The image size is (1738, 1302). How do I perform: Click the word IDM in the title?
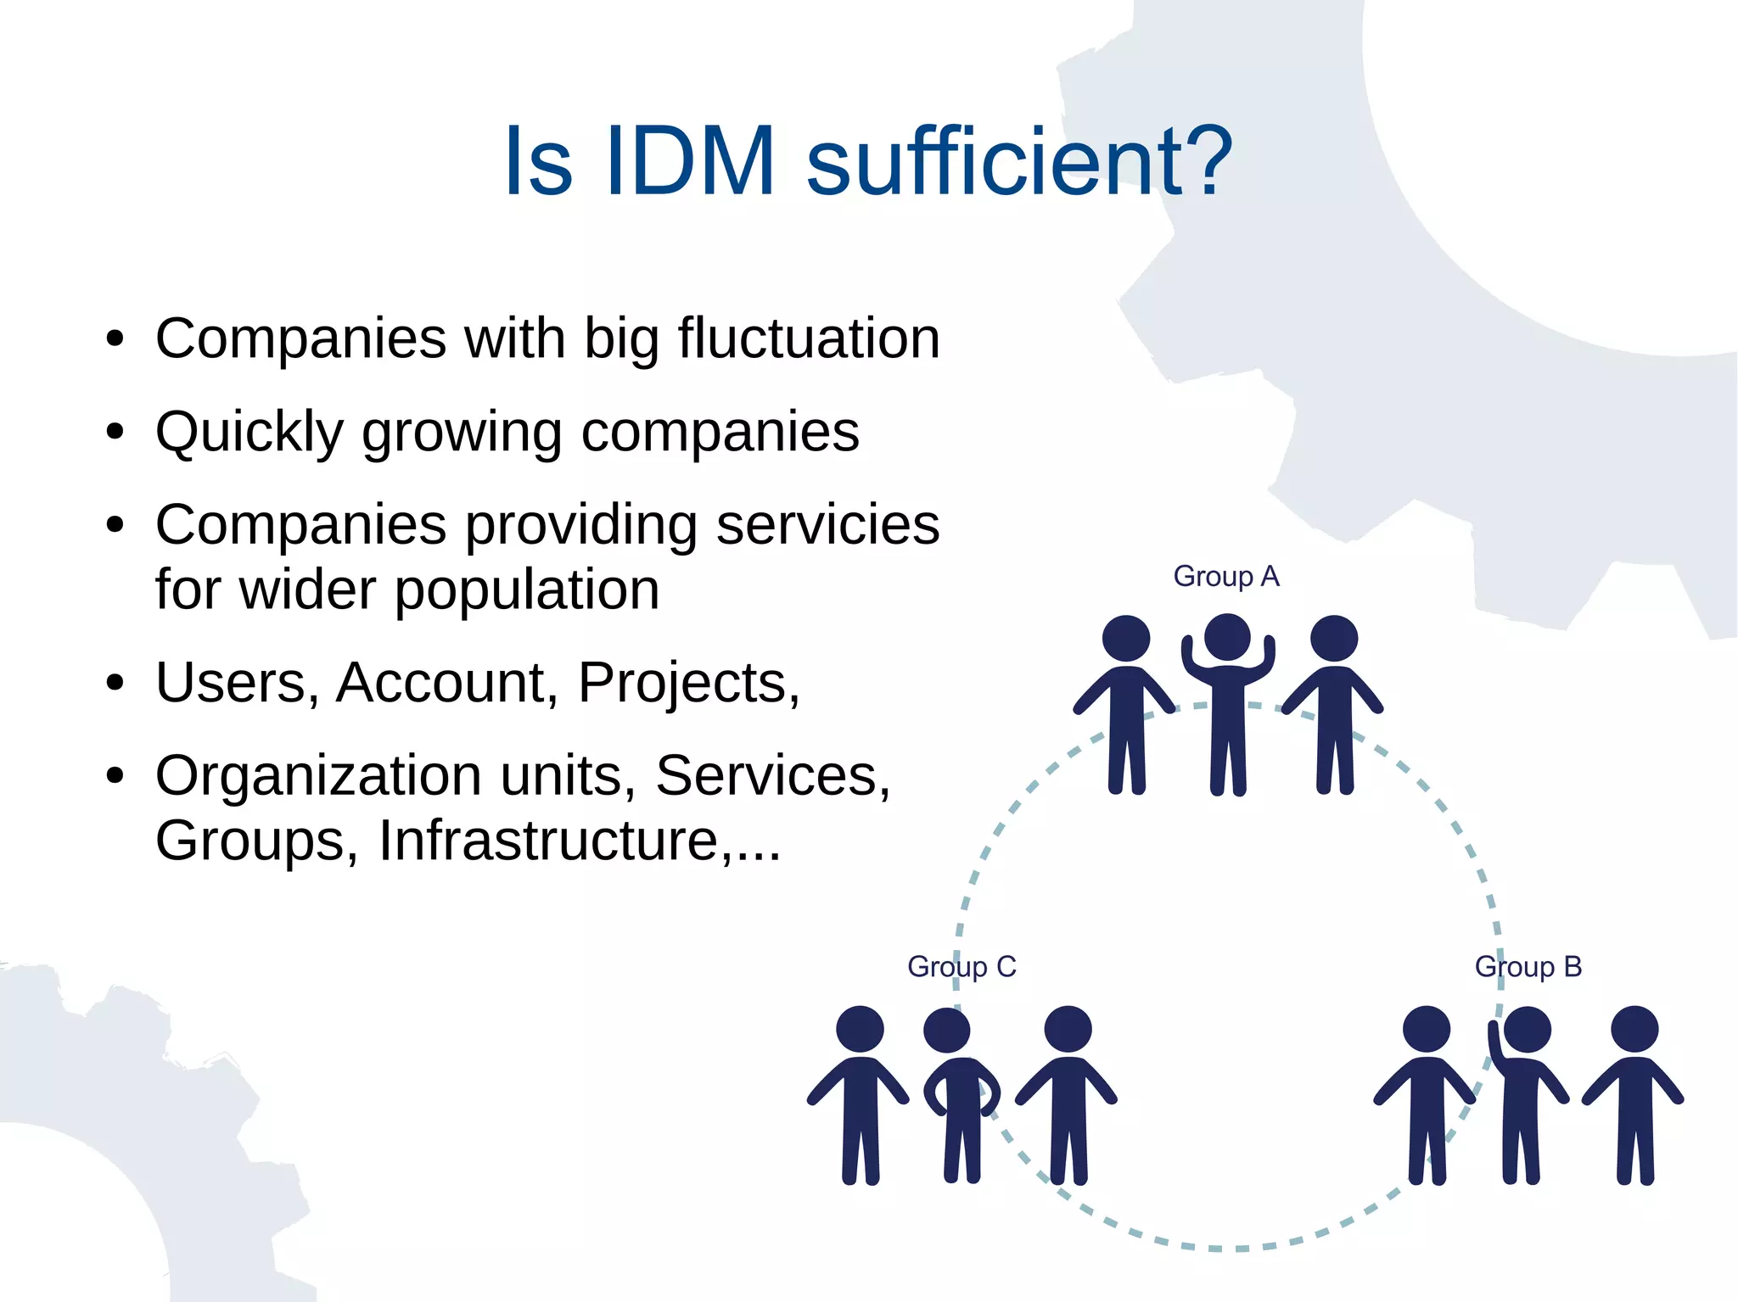(x=689, y=161)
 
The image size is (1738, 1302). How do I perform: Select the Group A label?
(x=1225, y=577)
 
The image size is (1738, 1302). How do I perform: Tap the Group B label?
(x=1528, y=967)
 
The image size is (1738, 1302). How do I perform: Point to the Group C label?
(x=962, y=967)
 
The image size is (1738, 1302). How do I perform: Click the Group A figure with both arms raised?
(x=1228, y=704)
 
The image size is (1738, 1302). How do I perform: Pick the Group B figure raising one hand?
(x=1525, y=1094)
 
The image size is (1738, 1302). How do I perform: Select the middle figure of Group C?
(x=959, y=1094)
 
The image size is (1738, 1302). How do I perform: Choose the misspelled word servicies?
(x=827, y=525)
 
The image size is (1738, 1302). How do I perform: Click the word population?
(x=527, y=590)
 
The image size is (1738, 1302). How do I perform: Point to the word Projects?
(x=688, y=683)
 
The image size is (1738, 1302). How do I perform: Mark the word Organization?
(x=318, y=775)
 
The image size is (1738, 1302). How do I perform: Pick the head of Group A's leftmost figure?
(x=1125, y=638)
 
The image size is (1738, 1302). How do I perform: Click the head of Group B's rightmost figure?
(x=1634, y=1029)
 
